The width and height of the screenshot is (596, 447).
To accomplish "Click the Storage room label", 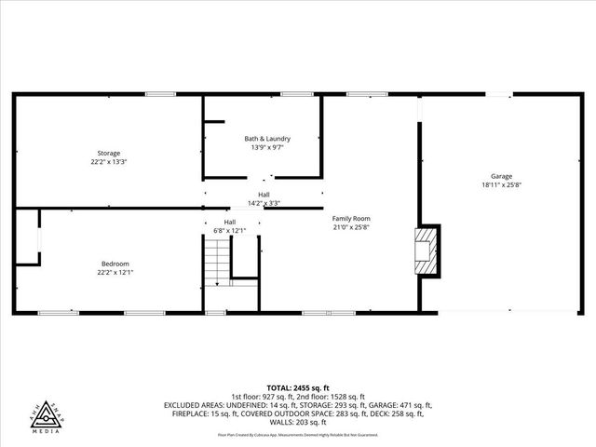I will [x=109, y=153].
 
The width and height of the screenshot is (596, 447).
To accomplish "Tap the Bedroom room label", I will [x=115, y=264].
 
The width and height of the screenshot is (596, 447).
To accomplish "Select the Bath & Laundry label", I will [x=264, y=139].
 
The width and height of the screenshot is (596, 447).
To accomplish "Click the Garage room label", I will [x=502, y=176].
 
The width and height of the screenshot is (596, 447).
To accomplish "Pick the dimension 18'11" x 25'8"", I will [x=502, y=184].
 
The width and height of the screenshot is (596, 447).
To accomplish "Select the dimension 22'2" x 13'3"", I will [x=109, y=161].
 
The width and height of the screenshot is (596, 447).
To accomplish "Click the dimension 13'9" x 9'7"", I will [x=264, y=147].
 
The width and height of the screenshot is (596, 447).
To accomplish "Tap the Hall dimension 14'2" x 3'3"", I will [x=264, y=202].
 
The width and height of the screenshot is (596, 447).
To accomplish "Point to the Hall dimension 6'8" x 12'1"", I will [x=229, y=230].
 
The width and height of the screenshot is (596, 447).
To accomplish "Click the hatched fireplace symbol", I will [x=427, y=251].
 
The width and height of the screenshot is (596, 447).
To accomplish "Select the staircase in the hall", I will [x=216, y=262].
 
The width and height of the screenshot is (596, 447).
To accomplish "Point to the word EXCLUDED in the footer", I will [x=183, y=405].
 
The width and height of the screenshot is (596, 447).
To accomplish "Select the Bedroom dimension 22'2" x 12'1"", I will [x=115, y=272].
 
